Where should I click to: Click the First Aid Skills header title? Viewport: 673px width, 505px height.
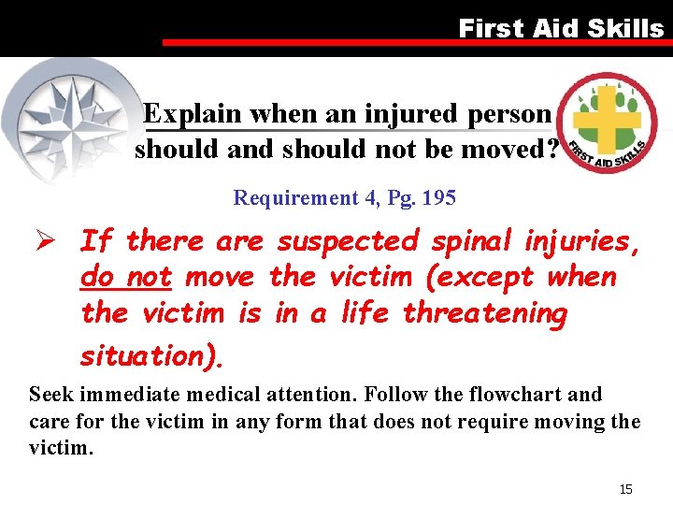pos(561,28)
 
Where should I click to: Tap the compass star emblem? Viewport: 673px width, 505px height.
pos(68,117)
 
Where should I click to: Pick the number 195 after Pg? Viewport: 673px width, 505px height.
pos(439,198)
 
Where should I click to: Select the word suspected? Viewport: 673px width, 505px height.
pos(347,241)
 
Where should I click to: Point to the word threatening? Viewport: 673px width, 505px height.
pos(484,313)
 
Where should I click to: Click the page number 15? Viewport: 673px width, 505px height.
pos(626,490)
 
